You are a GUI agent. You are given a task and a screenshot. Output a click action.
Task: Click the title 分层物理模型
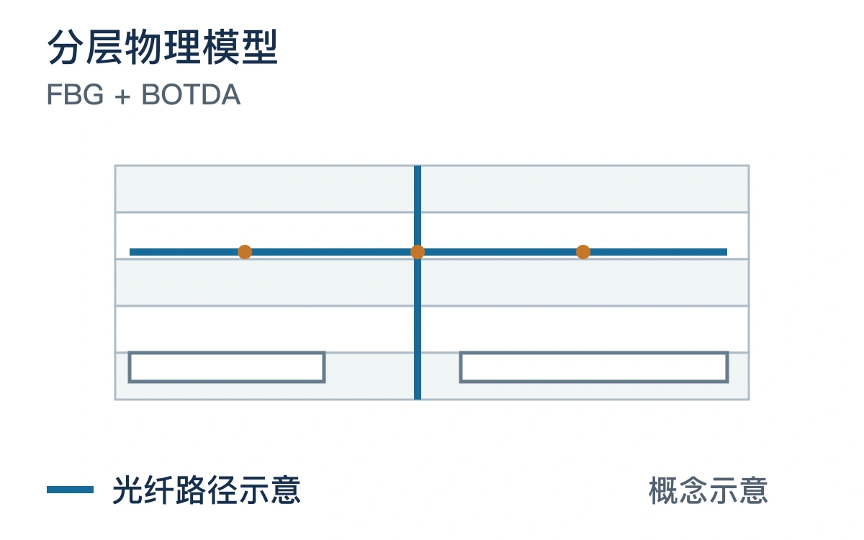click(x=163, y=47)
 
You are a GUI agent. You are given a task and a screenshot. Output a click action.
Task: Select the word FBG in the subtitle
click(x=75, y=94)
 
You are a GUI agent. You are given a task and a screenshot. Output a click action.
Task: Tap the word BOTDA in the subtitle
click(x=192, y=94)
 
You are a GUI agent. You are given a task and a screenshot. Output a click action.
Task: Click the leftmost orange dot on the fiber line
click(x=245, y=252)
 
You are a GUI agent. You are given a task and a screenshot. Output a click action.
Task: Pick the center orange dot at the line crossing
click(x=418, y=252)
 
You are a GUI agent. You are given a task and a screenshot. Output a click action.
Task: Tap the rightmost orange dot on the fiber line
click(x=582, y=252)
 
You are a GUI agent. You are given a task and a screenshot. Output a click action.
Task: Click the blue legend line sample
click(x=71, y=490)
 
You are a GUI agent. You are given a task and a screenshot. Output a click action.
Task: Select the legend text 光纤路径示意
click(x=207, y=490)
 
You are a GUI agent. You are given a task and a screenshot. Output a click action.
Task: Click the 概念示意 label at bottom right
click(x=708, y=490)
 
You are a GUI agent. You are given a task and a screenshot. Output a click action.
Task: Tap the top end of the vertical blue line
click(x=418, y=166)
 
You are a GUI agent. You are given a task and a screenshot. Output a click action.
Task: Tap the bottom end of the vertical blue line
click(x=418, y=399)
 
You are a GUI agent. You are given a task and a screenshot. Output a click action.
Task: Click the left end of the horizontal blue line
click(x=130, y=252)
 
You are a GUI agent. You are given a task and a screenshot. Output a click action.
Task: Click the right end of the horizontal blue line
click(x=726, y=252)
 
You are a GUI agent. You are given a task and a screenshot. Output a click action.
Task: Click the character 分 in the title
click(x=66, y=47)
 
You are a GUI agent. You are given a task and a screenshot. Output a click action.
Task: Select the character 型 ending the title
click(x=259, y=47)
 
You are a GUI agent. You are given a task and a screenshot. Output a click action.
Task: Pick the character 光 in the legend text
click(x=127, y=490)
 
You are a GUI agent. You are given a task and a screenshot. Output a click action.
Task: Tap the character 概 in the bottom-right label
click(x=663, y=490)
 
